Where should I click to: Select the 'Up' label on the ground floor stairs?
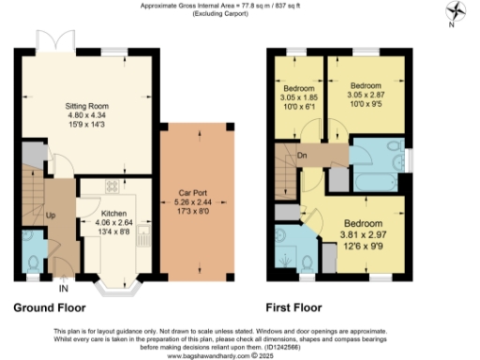coord(51,215)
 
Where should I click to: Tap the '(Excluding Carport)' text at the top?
coord(240,13)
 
